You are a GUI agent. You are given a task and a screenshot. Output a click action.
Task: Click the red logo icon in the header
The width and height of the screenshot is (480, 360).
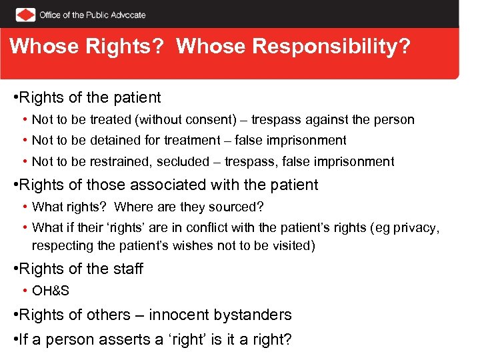[x=25, y=15]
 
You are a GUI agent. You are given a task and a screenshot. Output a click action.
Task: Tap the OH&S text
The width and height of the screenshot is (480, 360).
[x=50, y=291]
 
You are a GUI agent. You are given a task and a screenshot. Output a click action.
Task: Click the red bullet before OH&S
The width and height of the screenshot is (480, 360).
[x=24, y=291]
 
